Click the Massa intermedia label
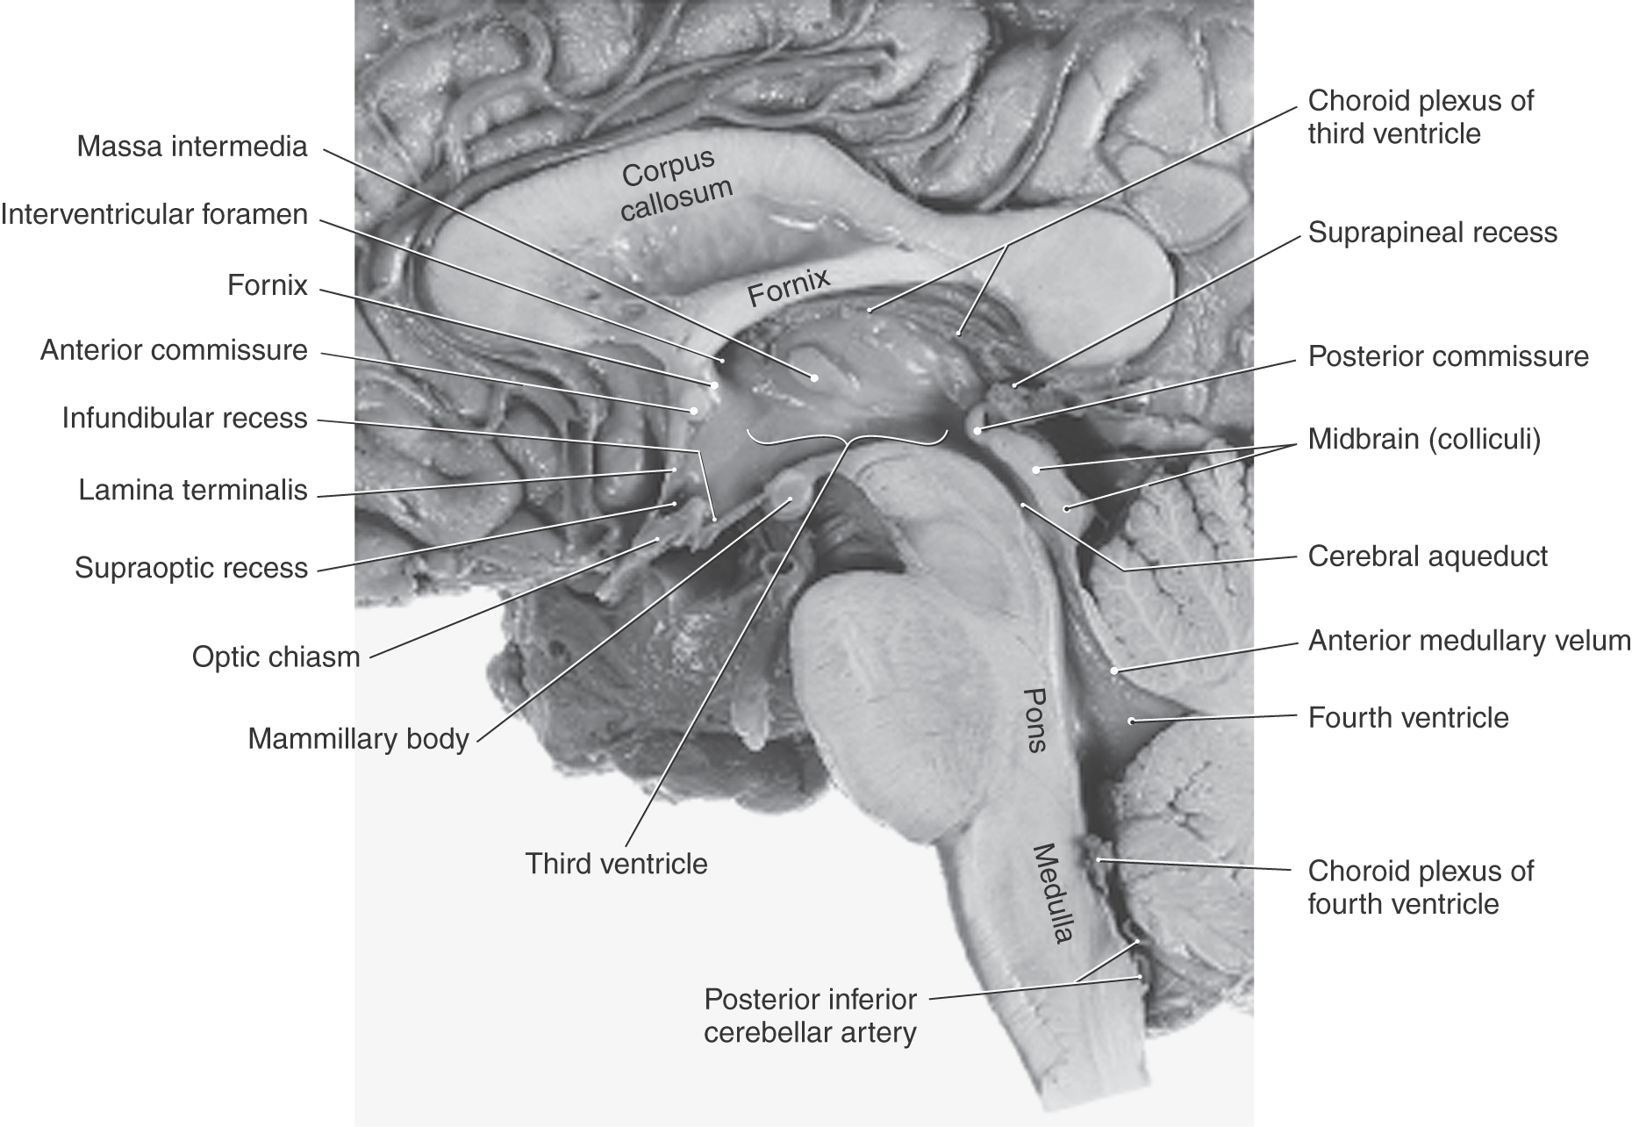(192, 147)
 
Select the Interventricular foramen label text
(154, 215)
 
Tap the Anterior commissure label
(174, 351)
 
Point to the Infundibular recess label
(184, 419)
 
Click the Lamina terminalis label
(193, 490)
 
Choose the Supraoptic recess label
(191, 569)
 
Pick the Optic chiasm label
(276, 657)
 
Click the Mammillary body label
(358, 739)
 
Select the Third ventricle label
(616, 864)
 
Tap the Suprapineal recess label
(1433, 233)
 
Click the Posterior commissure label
(1449, 356)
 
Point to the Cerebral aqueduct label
(1428, 556)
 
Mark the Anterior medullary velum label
(1469, 641)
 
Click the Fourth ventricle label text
(1408, 718)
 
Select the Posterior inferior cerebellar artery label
(810, 1016)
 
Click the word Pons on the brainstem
(1035, 719)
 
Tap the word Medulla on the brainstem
(1052, 893)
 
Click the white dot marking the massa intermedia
(814, 377)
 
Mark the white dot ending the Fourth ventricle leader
(1132, 721)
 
